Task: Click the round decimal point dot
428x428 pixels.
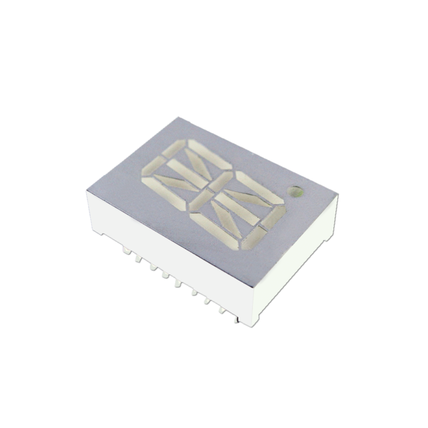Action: tap(295, 192)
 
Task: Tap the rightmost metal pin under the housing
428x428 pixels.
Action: tap(235, 319)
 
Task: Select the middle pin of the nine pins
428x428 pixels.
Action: tap(178, 284)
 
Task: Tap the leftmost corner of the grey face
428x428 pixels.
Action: tap(86, 189)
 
